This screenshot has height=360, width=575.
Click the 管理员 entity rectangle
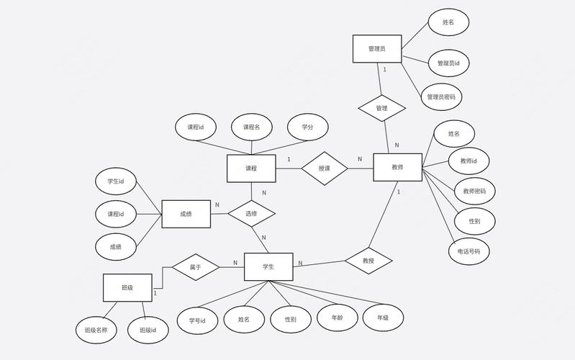(x=376, y=49)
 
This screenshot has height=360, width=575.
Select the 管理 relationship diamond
(x=382, y=108)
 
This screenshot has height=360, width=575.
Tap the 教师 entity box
(x=397, y=167)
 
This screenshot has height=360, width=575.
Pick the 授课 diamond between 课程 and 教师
(x=324, y=168)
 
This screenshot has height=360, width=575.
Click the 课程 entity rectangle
(x=251, y=168)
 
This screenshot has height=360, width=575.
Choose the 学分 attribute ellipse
(x=307, y=127)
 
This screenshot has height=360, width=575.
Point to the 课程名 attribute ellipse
(x=251, y=127)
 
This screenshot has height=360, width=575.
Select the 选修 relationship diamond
(x=251, y=213)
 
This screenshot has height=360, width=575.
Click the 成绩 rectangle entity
(x=186, y=213)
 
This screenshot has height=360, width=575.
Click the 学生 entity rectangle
(x=268, y=266)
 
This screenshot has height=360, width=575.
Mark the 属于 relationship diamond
(x=195, y=266)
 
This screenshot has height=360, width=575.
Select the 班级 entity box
(x=127, y=287)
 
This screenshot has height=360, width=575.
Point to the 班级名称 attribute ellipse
(x=96, y=330)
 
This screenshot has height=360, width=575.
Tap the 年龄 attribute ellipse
(x=338, y=317)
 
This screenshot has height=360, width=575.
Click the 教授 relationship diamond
(x=368, y=261)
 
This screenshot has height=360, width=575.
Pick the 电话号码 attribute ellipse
(x=468, y=251)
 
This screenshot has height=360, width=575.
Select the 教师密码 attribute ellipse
(x=474, y=192)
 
